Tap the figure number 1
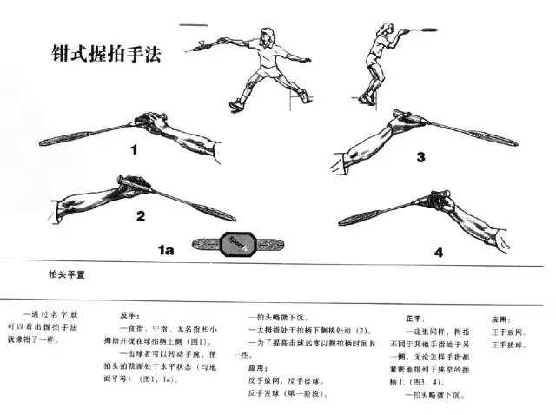point(135,150)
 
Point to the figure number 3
point(420,157)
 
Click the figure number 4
point(439,253)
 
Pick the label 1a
point(166,250)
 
